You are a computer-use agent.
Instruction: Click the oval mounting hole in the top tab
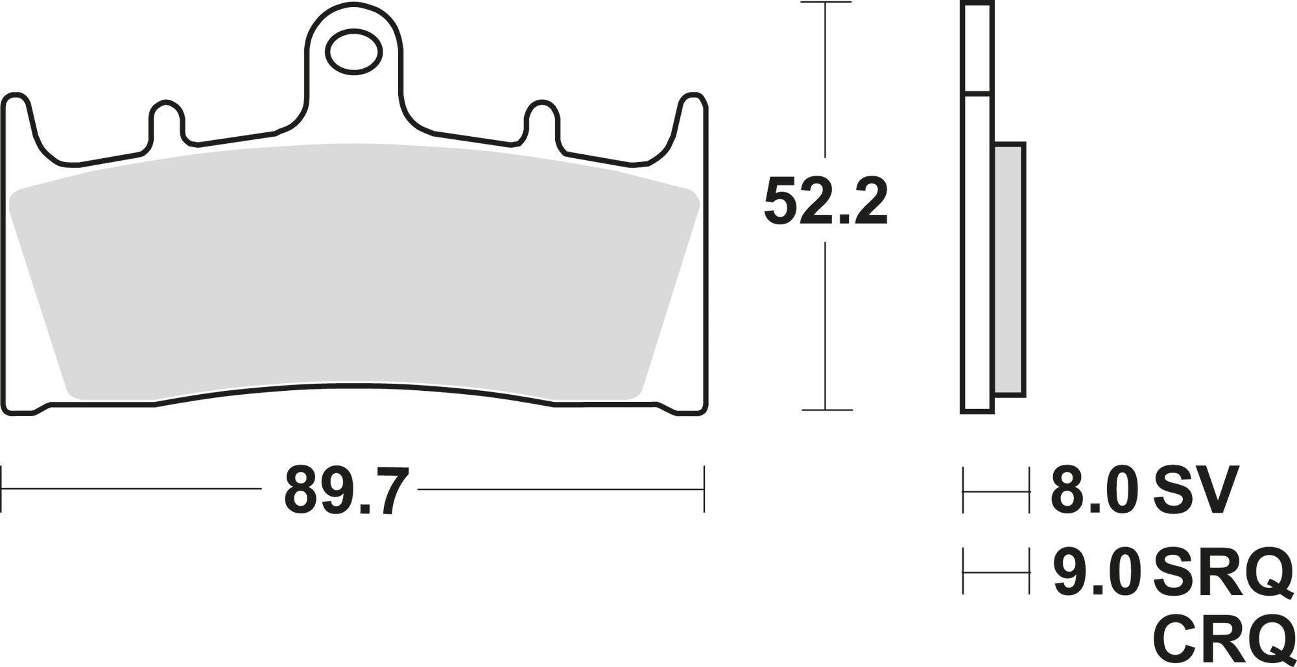[x=353, y=53]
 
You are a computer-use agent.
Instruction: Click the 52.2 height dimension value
[x=826, y=201]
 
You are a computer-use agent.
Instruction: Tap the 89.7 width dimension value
[x=347, y=489]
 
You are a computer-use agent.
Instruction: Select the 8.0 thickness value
[x=1094, y=489]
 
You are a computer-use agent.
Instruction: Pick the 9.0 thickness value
[x=1095, y=572]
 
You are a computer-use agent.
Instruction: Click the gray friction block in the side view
[x=1009, y=269]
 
